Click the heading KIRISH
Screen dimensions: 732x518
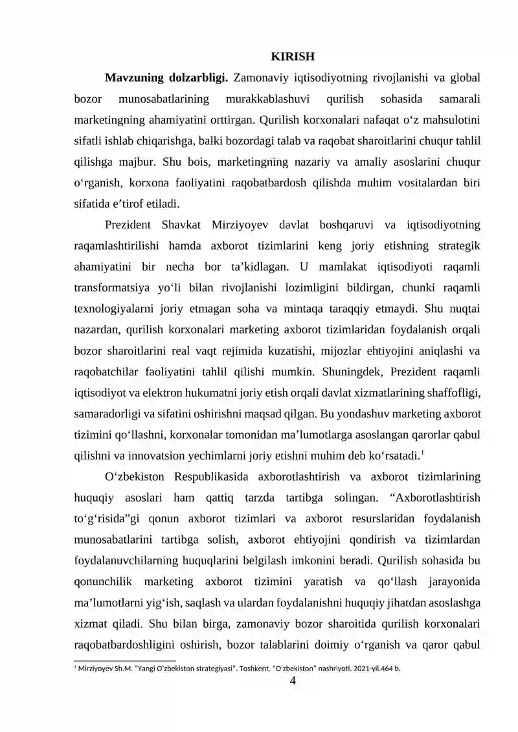[x=292, y=56]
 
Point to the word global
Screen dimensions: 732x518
[x=464, y=78]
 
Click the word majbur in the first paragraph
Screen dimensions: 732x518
[x=133, y=161]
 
